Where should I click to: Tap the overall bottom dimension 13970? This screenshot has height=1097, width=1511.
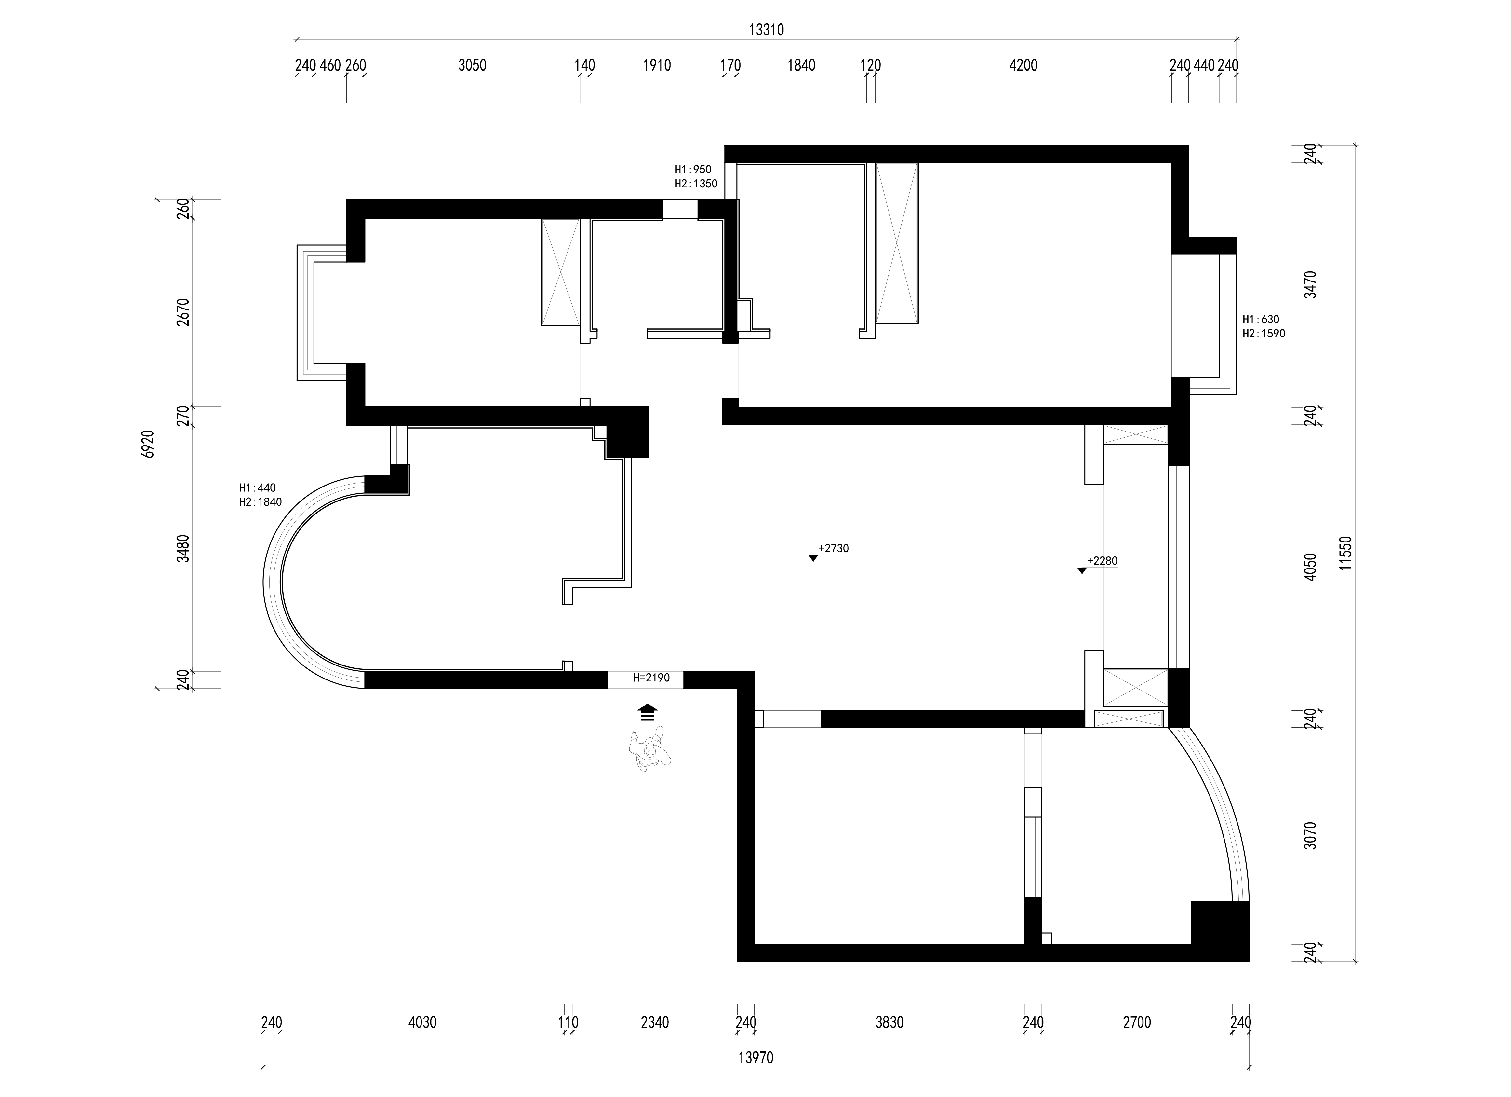tap(755, 1058)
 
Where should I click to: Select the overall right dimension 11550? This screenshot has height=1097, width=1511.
tap(1347, 553)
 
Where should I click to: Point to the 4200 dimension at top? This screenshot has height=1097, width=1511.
tap(1023, 65)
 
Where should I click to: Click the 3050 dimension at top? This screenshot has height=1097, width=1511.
tap(472, 65)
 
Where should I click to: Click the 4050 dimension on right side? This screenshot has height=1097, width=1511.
tap(1310, 567)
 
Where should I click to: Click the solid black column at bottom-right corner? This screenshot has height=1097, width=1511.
tap(1220, 931)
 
